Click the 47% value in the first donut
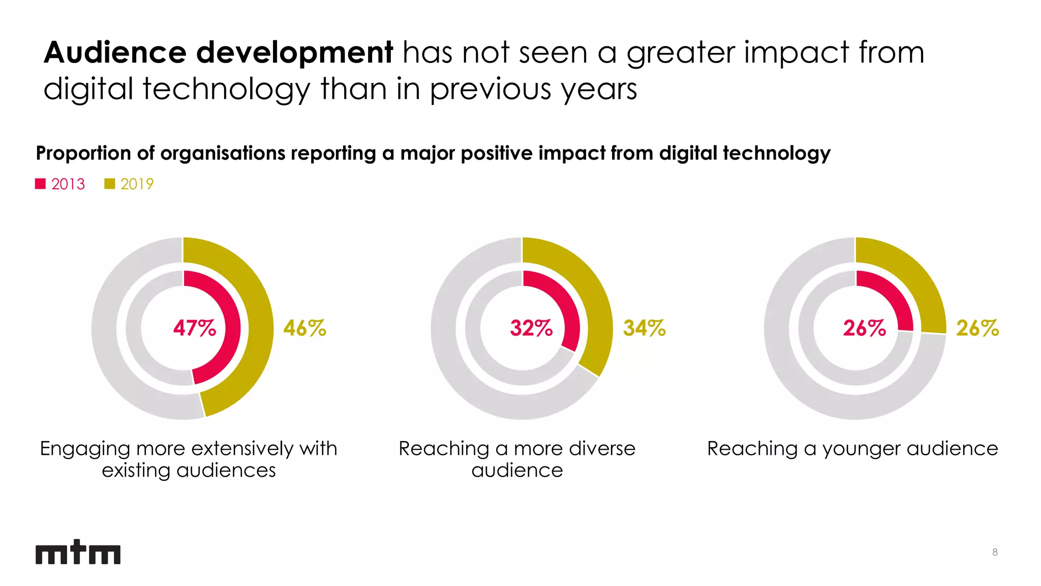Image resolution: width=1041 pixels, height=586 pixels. coord(194,328)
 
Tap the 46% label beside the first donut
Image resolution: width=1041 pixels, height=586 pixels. coord(304,328)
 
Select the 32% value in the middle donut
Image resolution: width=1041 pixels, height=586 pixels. coord(531,328)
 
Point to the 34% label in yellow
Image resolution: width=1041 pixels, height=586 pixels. coord(644,328)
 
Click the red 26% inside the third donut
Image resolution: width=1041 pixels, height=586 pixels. coord(864,328)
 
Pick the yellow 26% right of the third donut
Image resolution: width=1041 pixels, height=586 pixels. coord(977,328)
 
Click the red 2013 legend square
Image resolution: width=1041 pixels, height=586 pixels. coord(41,184)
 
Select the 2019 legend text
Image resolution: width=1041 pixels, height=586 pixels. coord(137,184)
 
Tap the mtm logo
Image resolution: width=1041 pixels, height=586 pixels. coord(78,552)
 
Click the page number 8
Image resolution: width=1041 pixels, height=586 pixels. coord(995,552)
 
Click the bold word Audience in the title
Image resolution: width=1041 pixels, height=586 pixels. coord(115,52)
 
